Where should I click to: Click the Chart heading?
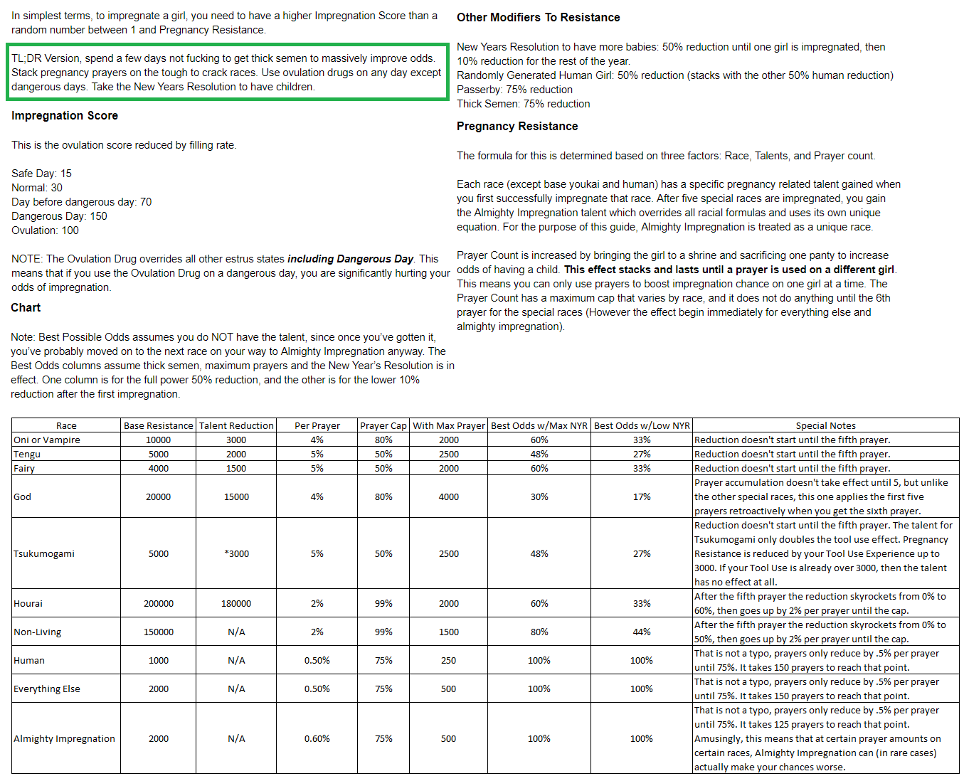click(x=26, y=307)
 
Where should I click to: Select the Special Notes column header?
click(x=825, y=425)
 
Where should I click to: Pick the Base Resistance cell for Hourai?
click(x=158, y=603)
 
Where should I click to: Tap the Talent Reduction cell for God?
click(x=236, y=496)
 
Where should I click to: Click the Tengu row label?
click(x=27, y=454)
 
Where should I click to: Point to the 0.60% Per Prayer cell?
click(x=317, y=738)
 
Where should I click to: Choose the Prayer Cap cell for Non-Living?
click(x=383, y=632)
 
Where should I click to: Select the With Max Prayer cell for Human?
click(x=448, y=660)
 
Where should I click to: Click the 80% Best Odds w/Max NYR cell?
click(x=539, y=632)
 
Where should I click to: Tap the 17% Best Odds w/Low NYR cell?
click(x=642, y=496)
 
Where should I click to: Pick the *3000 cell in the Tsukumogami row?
click(x=236, y=553)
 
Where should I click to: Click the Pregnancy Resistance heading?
click(x=517, y=126)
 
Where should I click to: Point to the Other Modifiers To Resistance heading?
click(x=538, y=17)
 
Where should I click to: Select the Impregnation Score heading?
click(x=65, y=115)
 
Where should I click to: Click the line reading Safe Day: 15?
click(x=41, y=174)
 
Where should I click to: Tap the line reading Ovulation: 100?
click(x=45, y=230)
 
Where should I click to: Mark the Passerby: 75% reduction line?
click(x=514, y=90)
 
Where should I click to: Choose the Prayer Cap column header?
click(x=383, y=425)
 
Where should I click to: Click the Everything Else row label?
click(x=47, y=689)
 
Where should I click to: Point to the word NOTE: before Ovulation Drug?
click(x=27, y=259)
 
